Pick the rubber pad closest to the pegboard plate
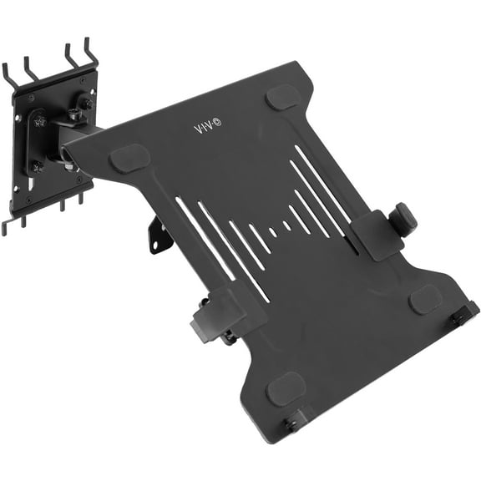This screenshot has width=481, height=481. pyautogui.click(x=129, y=157)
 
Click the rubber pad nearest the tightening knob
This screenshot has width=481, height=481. pyautogui.click(x=425, y=298)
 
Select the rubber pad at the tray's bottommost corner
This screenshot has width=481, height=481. pyautogui.click(x=286, y=389)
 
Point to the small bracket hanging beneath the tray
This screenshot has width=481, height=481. pyautogui.click(x=159, y=235)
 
